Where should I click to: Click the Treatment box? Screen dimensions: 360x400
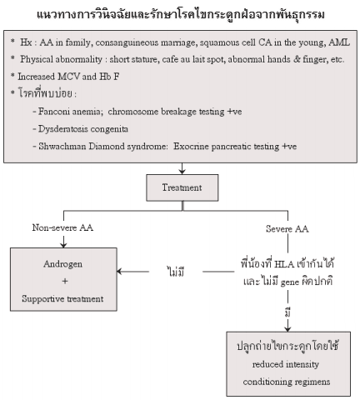182,187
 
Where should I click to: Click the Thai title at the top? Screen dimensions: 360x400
181,15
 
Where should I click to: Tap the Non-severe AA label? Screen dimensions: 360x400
62,227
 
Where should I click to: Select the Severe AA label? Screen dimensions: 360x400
287,229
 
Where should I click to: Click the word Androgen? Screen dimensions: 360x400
63,264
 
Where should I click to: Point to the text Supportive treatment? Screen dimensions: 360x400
62,299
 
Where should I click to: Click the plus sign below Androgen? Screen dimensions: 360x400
65,281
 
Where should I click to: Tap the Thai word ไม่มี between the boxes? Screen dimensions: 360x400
176,272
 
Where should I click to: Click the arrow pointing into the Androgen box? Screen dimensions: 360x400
132,272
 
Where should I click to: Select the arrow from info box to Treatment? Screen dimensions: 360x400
182,168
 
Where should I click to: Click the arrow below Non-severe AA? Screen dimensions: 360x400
63,242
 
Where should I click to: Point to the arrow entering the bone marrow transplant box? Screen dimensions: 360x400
287,325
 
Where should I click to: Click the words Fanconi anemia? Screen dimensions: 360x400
69,112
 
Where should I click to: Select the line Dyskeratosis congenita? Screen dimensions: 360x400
81,129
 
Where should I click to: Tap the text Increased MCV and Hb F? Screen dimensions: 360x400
68,77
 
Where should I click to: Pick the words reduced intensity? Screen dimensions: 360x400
286,364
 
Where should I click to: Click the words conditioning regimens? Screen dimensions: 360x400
287,382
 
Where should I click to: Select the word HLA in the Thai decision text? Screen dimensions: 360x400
284,264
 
